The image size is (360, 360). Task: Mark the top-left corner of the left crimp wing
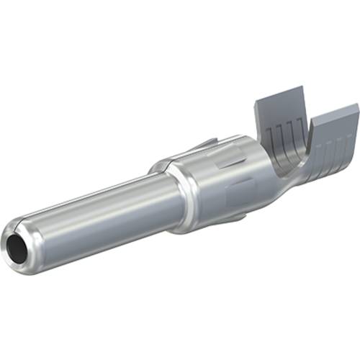click(256, 101)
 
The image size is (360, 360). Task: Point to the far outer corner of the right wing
click(357, 108)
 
